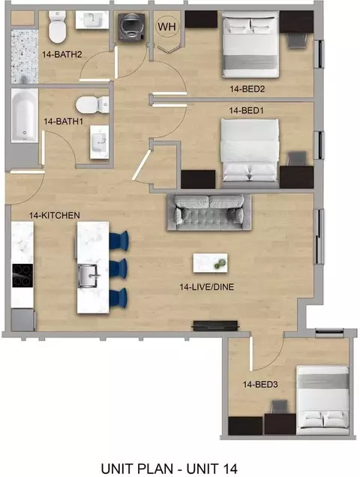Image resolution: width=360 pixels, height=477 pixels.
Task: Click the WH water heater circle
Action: [x=167, y=26]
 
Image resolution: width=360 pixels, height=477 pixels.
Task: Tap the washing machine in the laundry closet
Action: [x=132, y=27]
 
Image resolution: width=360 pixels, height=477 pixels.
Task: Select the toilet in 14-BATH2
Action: [x=58, y=27]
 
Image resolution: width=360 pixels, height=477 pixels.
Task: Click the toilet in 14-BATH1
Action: [x=92, y=105]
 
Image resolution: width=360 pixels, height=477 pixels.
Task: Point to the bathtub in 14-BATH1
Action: [x=25, y=115]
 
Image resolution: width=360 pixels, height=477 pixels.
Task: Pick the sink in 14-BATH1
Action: [x=99, y=142]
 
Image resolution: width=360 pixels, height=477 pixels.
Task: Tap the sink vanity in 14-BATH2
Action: [x=92, y=20]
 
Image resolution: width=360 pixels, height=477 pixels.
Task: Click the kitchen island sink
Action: [x=88, y=276]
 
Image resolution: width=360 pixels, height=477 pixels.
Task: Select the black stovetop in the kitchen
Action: [x=22, y=275]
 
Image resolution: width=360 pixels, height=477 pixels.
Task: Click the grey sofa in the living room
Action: [x=209, y=212]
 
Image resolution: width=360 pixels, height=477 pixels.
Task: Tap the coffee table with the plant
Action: [x=210, y=262]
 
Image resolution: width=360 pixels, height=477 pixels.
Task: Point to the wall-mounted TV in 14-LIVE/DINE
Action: [x=215, y=325]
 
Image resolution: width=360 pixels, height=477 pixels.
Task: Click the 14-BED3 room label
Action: [x=260, y=385]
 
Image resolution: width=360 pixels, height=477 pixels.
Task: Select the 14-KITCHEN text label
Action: [x=55, y=215]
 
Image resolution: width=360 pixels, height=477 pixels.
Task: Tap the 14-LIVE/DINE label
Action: [x=207, y=286]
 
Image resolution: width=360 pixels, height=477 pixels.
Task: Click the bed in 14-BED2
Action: [x=250, y=44]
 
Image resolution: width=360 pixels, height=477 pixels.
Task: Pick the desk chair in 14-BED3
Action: [x=279, y=407]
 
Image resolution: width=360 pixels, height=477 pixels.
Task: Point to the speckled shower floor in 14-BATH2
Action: [x=25, y=56]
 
